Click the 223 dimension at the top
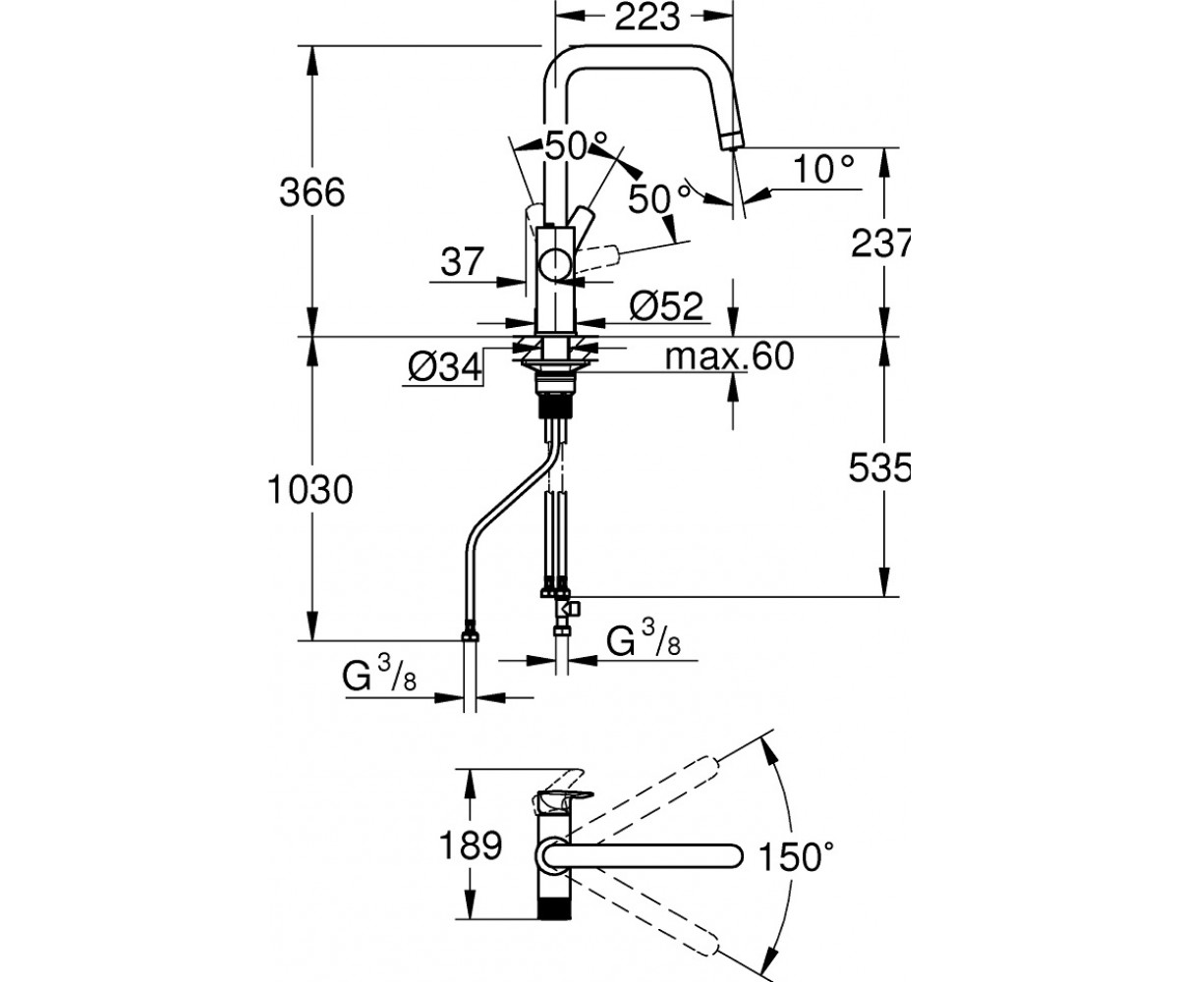pos(646,18)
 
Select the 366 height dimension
pos(311,193)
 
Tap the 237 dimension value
pos(880,243)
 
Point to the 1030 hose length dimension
pos(310,490)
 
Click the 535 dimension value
pos(879,467)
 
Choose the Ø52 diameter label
pos(666,306)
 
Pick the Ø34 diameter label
pos(445,367)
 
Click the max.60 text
pos(730,355)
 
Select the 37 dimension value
pos(463,261)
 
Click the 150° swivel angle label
pos(795,856)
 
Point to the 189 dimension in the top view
pos(471,846)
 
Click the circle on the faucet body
pos(556,265)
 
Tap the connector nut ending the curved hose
pos(470,635)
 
